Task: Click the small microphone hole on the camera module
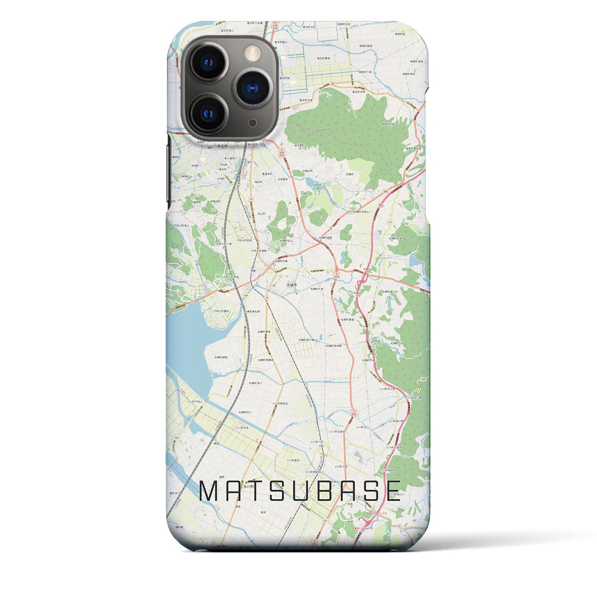252,122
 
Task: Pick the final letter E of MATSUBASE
392,491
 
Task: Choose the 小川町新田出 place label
281,403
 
